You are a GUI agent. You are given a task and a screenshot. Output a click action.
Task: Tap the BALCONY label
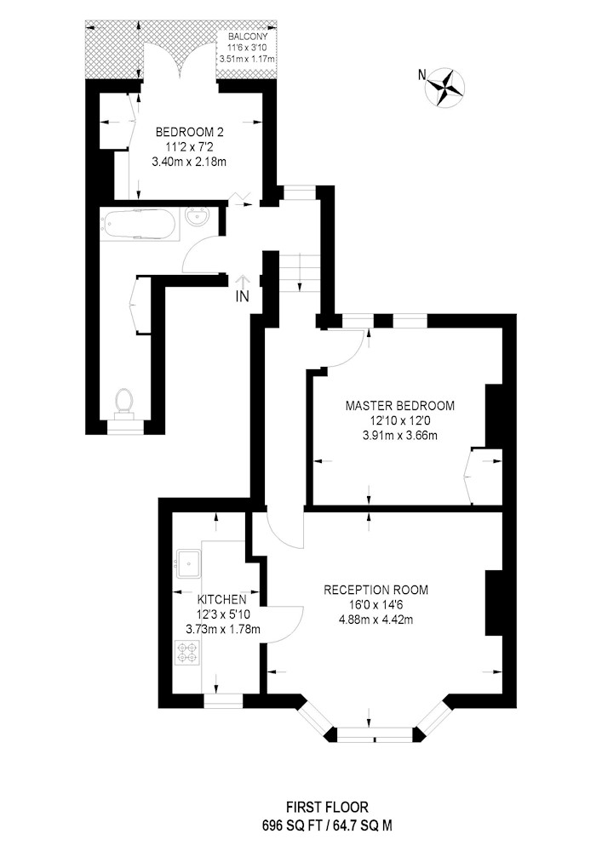pos(248,37)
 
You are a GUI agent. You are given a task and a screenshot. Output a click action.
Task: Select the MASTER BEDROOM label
pos(400,405)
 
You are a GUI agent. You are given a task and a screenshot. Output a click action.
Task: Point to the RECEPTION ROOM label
pos(376,590)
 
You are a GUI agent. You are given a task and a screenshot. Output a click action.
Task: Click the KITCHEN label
pos(221,600)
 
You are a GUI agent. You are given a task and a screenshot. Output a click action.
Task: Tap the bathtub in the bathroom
pos(140,224)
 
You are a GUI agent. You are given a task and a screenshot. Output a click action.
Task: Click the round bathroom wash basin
pos(197,219)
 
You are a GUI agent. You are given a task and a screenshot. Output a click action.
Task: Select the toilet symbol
pos(125,402)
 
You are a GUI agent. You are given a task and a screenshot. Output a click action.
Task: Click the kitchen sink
pos(188,564)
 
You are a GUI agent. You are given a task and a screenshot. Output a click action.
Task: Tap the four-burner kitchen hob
pos(187,653)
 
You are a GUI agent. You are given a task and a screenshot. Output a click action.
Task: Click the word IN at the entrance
pos(243,297)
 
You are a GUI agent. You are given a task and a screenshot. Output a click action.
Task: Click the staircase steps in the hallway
pos(298,273)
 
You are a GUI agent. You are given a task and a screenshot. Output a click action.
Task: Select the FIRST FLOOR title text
pos(327,808)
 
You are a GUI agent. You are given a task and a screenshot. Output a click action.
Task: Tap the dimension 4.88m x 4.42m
pos(376,620)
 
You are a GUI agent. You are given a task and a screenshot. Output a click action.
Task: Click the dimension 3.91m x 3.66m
pos(400,435)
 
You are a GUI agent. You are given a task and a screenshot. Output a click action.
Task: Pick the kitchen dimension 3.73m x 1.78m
pos(223,630)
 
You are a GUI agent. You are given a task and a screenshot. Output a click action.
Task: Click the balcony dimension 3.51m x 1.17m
pos(247,58)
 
